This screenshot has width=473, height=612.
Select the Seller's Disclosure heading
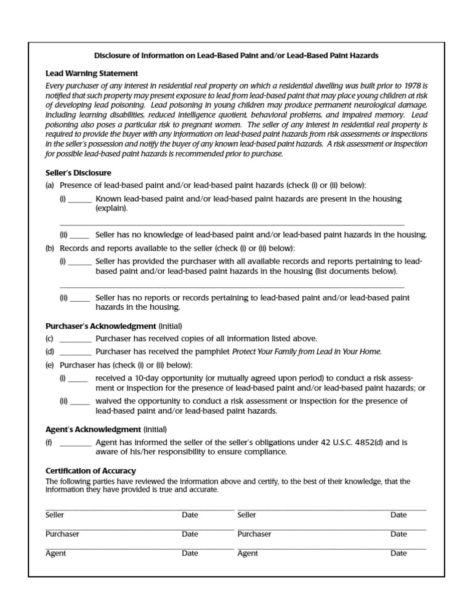click(78, 172)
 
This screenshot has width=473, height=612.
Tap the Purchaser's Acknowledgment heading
click(102, 326)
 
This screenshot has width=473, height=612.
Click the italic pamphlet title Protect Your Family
click(306, 352)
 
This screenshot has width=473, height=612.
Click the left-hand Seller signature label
click(55, 515)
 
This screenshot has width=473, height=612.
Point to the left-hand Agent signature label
click(55, 553)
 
